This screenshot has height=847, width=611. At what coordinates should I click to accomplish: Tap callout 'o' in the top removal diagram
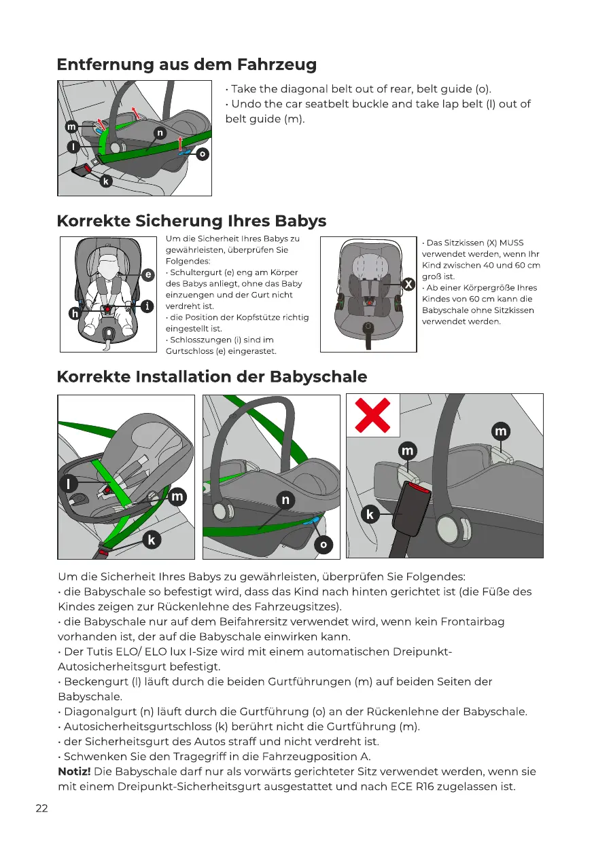(x=202, y=155)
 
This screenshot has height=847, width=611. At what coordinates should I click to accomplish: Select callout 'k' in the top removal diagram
(x=105, y=181)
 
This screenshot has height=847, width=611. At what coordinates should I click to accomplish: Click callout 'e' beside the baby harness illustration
(x=147, y=274)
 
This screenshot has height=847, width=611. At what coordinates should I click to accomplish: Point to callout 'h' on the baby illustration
(x=74, y=313)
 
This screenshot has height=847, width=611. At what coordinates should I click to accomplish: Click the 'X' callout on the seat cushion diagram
(x=408, y=284)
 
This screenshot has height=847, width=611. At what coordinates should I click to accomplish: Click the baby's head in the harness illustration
(x=108, y=262)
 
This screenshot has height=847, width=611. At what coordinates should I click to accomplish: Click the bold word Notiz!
(x=75, y=772)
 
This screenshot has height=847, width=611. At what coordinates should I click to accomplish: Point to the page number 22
(x=42, y=809)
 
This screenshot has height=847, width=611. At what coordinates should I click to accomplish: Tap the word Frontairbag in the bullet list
(x=469, y=621)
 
